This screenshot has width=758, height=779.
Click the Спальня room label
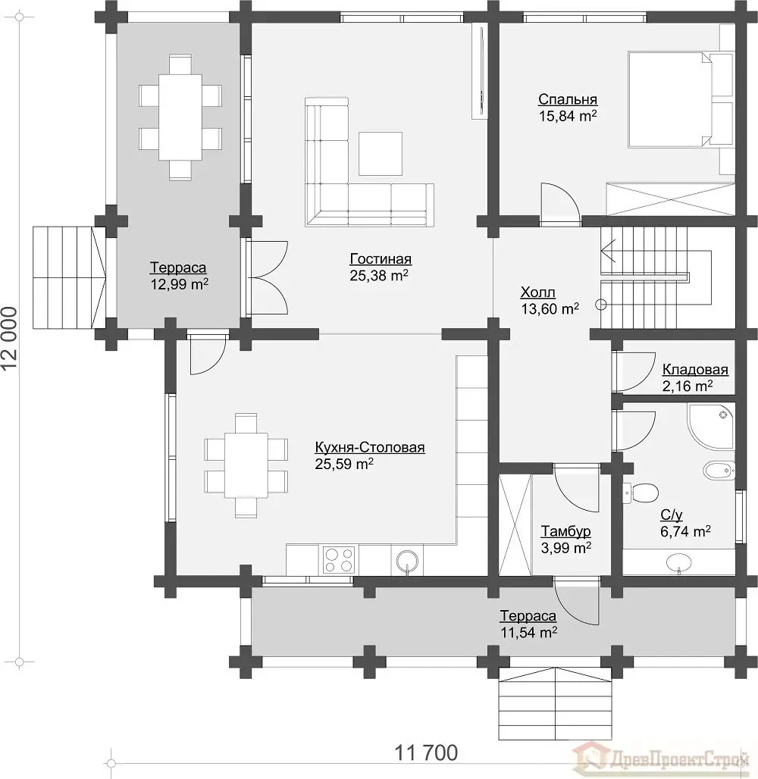pos(568,99)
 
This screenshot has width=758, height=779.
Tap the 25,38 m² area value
pos(379,275)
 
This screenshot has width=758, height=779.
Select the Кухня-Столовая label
pos(370,447)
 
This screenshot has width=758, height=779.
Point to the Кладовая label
pos(695,369)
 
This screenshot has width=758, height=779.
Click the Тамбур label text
pos(565,531)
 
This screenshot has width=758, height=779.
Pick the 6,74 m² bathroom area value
pos(685,531)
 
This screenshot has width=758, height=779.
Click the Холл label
pos(538,293)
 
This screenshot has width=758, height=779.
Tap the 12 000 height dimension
pos(9,338)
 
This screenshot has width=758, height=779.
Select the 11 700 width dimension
pos(426,752)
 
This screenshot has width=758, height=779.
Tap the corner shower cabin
pos(710,427)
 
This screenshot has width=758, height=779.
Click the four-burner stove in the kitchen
pos(339,560)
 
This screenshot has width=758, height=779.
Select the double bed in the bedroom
pos(681,99)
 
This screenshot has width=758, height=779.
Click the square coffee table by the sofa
pos(381,154)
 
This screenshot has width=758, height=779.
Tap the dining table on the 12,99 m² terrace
pos(180,117)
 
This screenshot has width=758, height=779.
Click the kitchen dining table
pos(246,465)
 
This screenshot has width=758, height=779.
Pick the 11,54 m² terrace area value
pos(528,633)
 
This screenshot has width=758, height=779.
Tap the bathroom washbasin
pos(678,562)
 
